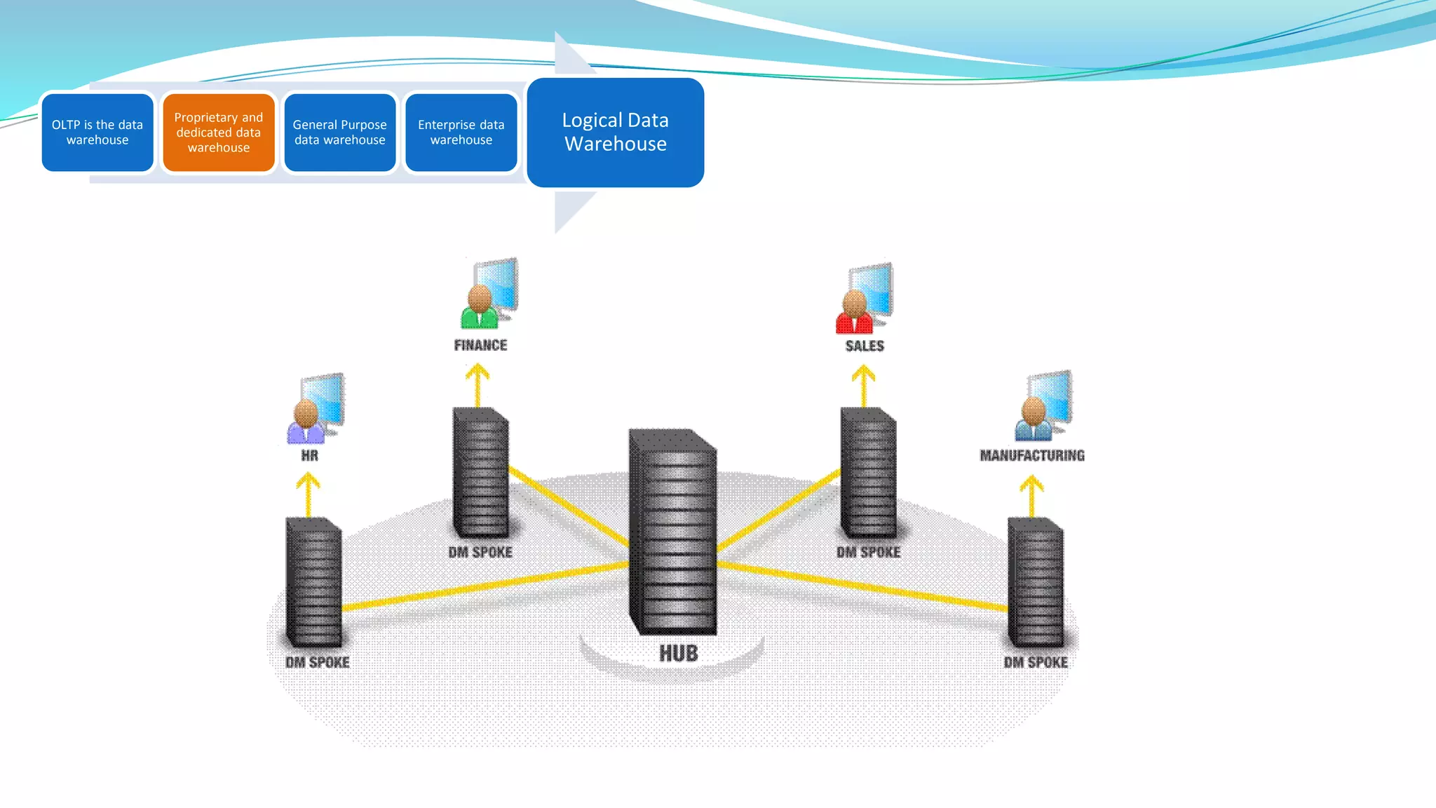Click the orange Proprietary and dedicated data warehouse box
point(219,133)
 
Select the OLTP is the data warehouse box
point(97,133)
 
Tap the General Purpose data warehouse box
point(340,133)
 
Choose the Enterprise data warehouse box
point(461,133)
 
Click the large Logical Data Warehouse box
point(615,133)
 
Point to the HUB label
point(678,654)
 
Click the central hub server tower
point(673,533)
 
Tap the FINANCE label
point(480,345)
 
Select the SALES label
point(865,346)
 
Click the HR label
point(309,456)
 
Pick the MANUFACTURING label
point(1032,456)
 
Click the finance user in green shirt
point(480,309)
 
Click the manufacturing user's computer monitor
point(1051,397)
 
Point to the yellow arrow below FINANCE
point(477,384)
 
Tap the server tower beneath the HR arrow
point(313,582)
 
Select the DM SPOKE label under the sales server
point(868,553)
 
